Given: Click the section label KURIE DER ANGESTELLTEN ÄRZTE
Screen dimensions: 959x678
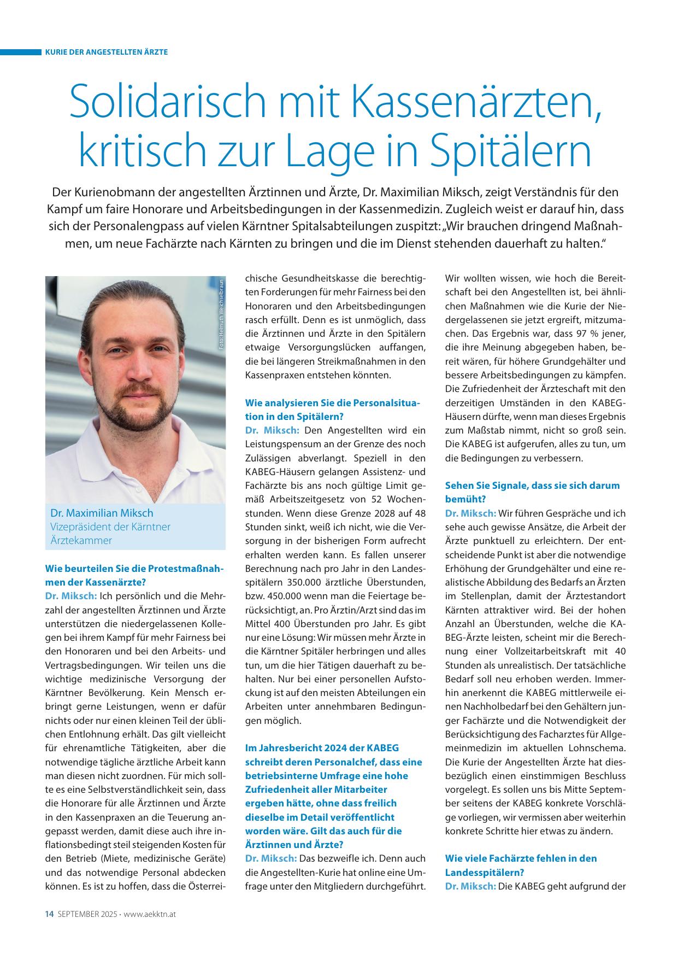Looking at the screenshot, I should [x=107, y=52].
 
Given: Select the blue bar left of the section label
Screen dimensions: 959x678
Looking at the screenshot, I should [x=21, y=52].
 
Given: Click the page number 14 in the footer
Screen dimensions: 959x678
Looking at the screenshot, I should [x=49, y=914].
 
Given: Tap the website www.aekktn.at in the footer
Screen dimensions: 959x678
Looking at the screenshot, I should [x=150, y=914].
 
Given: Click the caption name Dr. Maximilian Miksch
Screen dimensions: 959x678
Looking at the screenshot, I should [x=102, y=513].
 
